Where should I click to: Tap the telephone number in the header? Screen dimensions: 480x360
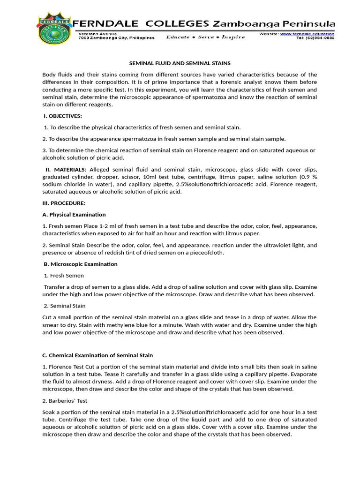coord(315,38)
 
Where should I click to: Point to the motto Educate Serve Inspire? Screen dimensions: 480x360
coord(205,37)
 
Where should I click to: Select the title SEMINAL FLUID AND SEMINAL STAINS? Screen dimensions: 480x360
coord(180,63)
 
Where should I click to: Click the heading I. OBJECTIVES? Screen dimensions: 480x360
coord(62,116)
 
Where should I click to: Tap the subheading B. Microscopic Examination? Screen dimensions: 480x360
coord(80,264)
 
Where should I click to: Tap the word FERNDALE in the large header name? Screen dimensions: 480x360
coord(105,24)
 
